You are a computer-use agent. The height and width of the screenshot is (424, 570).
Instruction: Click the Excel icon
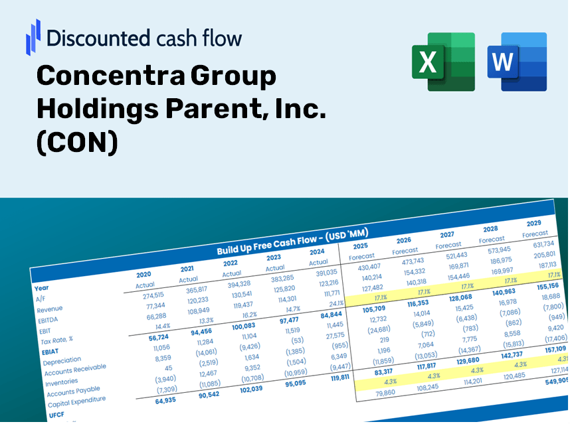pyautogui.click(x=443, y=62)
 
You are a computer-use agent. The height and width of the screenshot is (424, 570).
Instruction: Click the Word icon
pyautogui.click(x=517, y=62)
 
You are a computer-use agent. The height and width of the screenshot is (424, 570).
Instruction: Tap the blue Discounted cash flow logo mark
pyautogui.click(x=33, y=36)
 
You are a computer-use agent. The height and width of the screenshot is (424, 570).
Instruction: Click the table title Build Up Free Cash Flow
pyautogui.click(x=292, y=242)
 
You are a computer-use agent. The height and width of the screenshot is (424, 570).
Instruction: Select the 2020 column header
pyautogui.click(x=143, y=274)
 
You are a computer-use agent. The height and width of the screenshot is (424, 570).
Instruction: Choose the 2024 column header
pyautogui.click(x=317, y=251)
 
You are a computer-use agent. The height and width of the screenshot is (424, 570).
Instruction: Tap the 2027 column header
pyautogui.click(x=447, y=234)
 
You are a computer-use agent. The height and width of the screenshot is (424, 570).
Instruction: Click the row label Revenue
pyautogui.click(x=50, y=309)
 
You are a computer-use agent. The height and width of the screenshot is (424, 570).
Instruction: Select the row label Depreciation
pyautogui.click(x=62, y=361)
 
